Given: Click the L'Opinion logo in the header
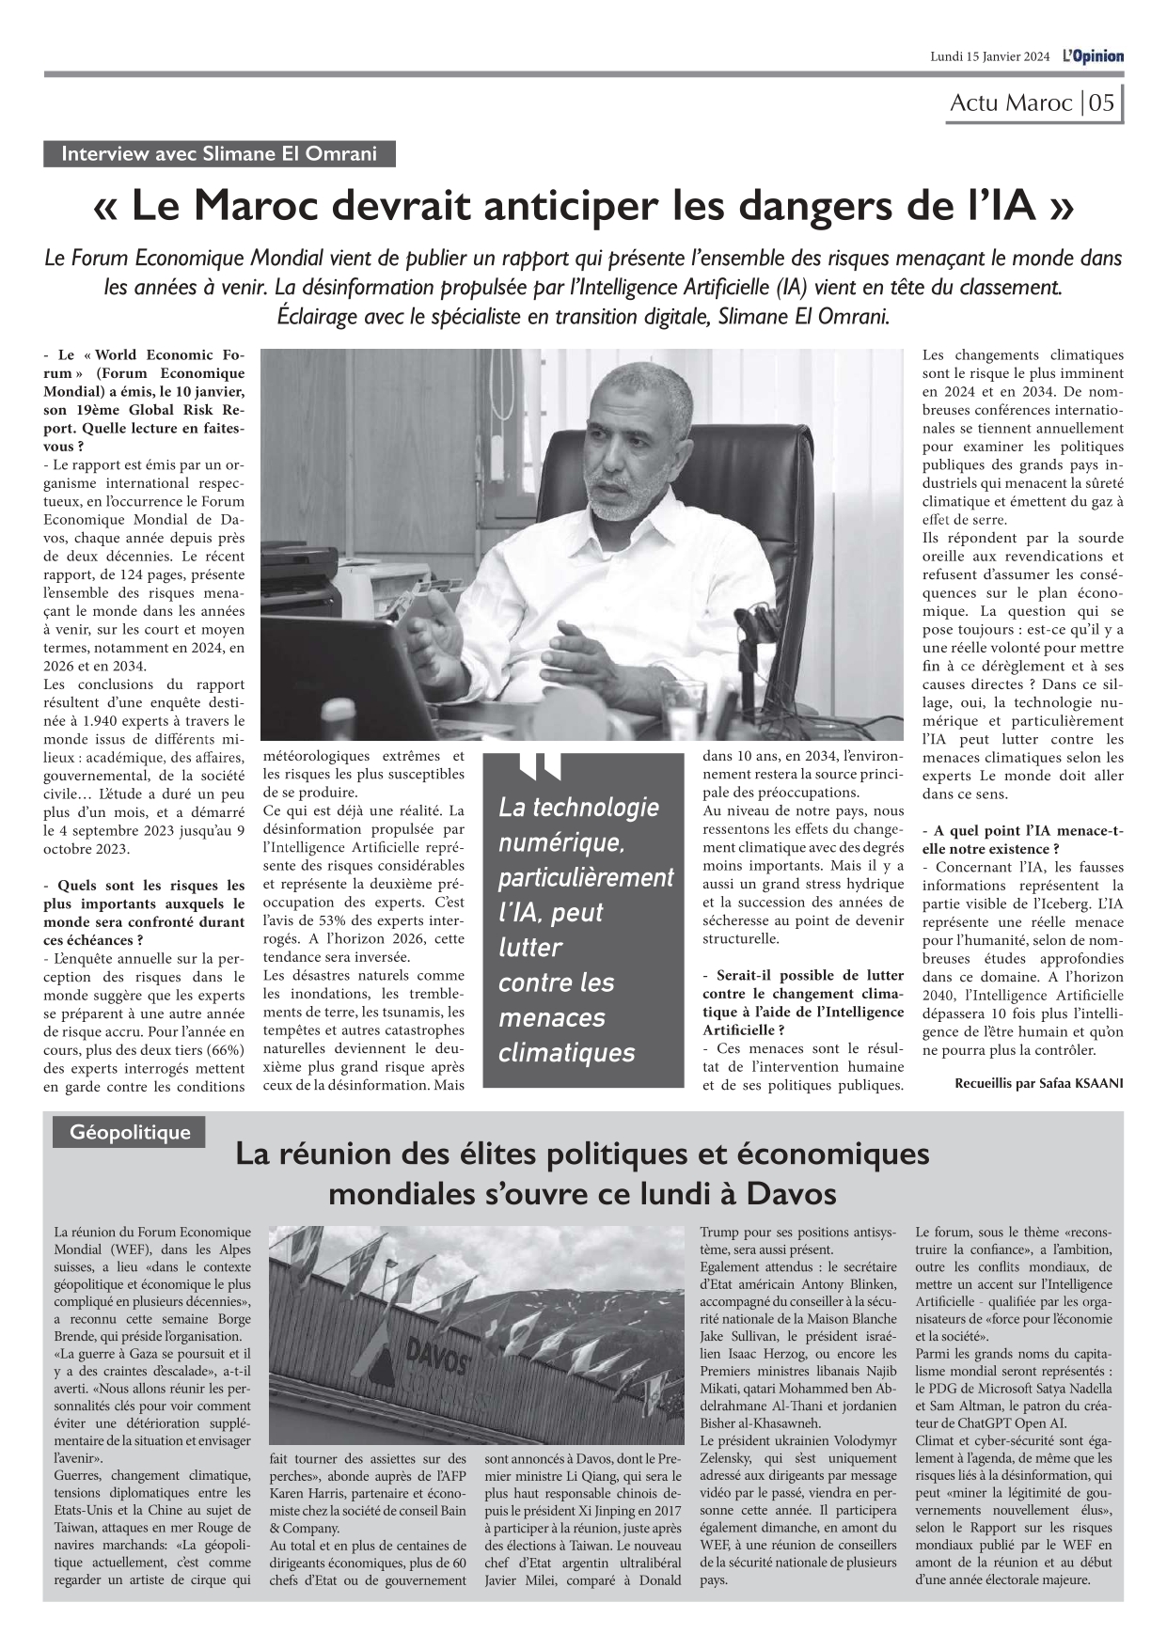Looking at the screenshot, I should (x=1093, y=56).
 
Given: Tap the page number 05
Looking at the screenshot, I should (x=1101, y=102).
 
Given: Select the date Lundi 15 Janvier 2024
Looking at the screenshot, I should (x=989, y=57).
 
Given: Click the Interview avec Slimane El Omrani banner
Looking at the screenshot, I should (x=219, y=154).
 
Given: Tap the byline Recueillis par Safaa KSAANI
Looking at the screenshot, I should (x=1038, y=1083).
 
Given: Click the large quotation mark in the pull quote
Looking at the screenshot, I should (x=541, y=767).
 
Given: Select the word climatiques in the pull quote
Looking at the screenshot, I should (x=566, y=1053).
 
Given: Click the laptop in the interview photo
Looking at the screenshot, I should (x=348, y=677).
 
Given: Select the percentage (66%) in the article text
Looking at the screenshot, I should (x=223, y=1050).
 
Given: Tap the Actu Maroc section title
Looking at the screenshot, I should (x=1011, y=102).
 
